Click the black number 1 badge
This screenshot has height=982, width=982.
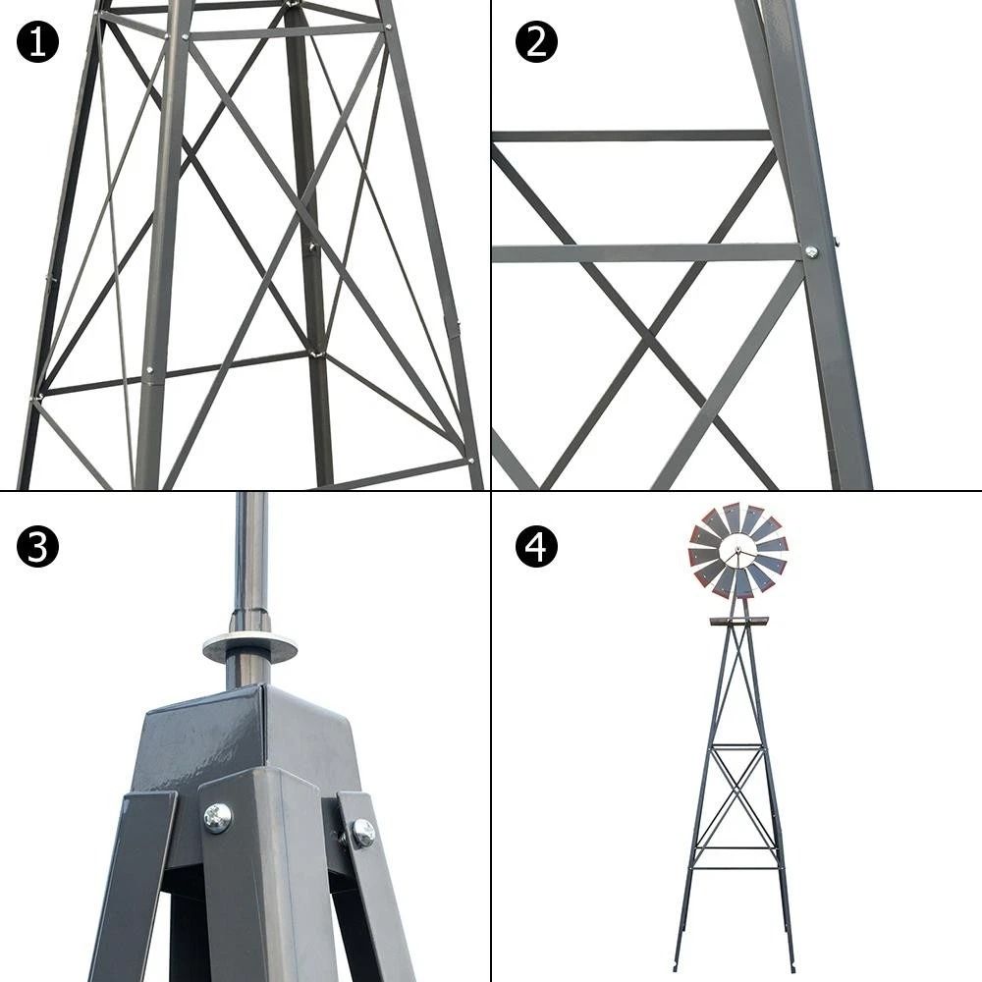pos(37,42)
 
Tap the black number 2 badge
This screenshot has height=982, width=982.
pos(536,42)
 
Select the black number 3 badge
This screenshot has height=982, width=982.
pos(37,547)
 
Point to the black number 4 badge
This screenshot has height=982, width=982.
pos(536,547)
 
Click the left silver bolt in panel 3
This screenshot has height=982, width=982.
pos(217,816)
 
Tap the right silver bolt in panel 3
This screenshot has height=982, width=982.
pos(362,833)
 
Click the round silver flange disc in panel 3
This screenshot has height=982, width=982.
pos(249,648)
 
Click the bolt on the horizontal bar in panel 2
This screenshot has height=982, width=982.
pos(811,252)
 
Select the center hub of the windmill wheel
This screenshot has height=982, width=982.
pos(737,553)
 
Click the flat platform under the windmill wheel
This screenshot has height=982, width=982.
pos(738,622)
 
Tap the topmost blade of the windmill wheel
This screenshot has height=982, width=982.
pos(732,517)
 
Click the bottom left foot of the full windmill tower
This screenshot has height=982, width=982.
pos(677,966)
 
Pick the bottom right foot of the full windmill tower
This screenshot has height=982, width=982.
pos(791,966)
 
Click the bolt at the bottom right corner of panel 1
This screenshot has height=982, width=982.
pos(469,460)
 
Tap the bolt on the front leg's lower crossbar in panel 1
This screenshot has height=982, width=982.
pos(148,370)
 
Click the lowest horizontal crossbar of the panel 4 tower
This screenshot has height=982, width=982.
pos(736,867)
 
